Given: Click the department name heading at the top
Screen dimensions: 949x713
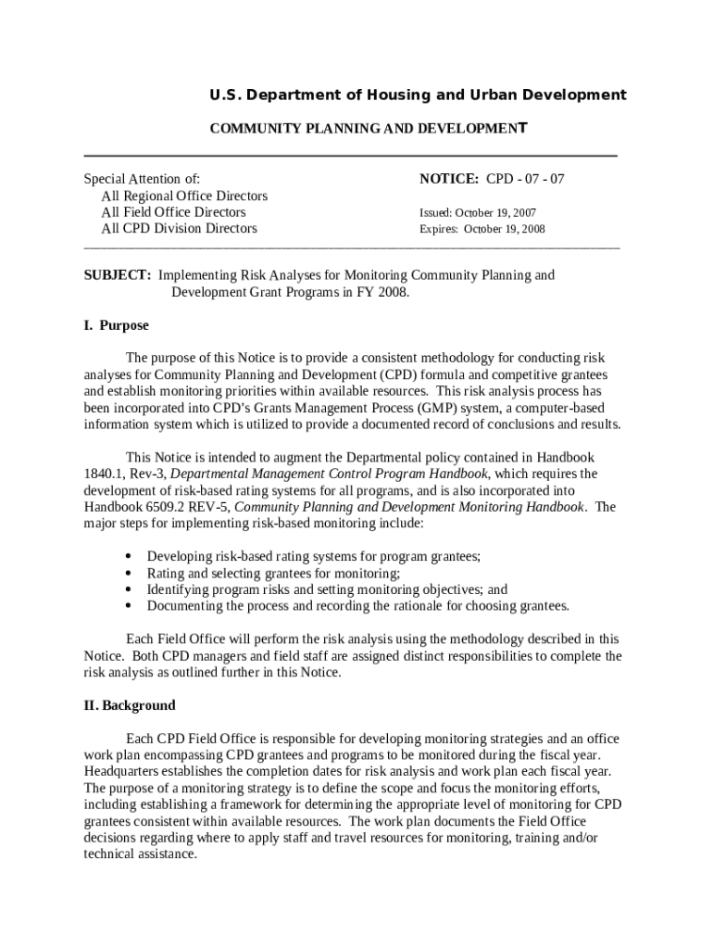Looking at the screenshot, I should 417,95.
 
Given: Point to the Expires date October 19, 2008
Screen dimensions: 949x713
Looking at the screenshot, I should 504,229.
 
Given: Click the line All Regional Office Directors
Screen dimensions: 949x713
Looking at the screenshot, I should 184,196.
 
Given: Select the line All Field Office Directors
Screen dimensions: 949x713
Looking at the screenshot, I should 173,212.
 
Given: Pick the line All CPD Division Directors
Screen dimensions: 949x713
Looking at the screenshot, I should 179,229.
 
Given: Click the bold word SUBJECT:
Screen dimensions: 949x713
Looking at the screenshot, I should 118,275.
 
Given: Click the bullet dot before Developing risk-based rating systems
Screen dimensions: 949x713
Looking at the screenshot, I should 126,557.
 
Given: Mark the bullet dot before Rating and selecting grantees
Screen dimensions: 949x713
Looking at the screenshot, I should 126,574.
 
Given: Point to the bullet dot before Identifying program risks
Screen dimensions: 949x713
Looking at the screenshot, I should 126,590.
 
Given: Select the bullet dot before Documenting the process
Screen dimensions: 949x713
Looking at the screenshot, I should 126,607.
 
